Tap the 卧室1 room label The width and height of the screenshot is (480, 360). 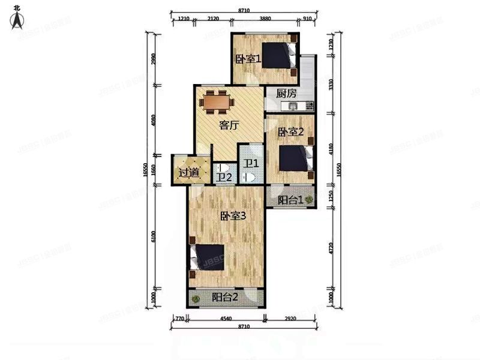point(248,59)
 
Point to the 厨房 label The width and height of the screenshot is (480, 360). point(286,94)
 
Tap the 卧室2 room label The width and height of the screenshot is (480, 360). point(290,132)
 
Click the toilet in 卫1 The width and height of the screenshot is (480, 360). point(250,177)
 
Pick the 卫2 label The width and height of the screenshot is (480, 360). point(224,178)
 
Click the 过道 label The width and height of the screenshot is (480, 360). point(189,173)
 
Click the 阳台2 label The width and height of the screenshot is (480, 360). point(224,297)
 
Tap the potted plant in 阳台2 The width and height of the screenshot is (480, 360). point(194,296)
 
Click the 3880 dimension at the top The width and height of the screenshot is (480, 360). point(265,18)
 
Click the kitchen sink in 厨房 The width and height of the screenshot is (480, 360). point(293,106)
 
